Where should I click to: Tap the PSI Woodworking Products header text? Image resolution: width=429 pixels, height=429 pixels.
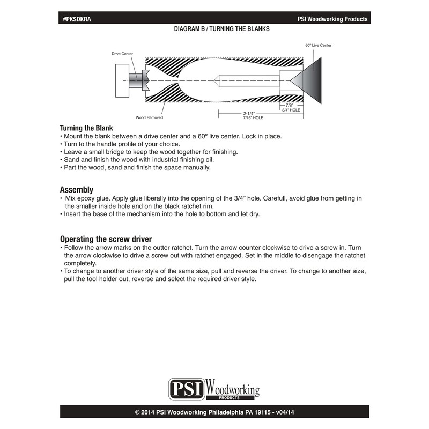click(x=332, y=19)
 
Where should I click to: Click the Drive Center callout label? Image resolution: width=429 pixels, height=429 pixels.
click(x=122, y=54)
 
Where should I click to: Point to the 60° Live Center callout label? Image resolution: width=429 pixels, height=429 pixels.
click(x=319, y=46)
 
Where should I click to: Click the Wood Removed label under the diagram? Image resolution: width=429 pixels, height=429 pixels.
click(x=150, y=117)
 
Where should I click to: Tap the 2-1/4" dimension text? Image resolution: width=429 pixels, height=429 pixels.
click(x=248, y=113)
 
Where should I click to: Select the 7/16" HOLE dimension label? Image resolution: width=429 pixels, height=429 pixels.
click(x=249, y=117)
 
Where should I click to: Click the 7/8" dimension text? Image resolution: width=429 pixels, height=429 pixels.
click(x=290, y=106)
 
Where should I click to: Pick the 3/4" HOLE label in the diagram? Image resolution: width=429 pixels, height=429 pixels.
click(x=291, y=110)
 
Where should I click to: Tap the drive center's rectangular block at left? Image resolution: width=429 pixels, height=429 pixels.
click(x=123, y=80)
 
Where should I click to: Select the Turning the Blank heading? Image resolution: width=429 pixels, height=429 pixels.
click(x=86, y=129)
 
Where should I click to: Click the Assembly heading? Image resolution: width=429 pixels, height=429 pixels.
click(x=77, y=190)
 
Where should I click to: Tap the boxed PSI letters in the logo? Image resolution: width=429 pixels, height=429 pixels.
click(x=187, y=388)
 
